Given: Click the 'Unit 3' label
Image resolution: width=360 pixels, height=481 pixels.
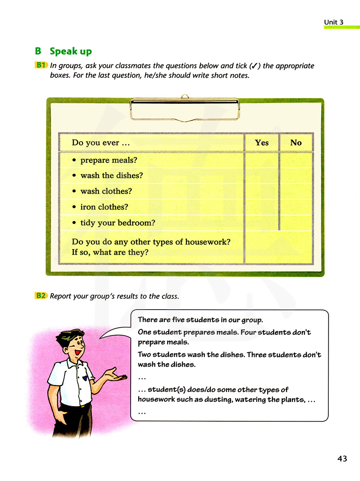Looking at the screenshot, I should pos(333,22).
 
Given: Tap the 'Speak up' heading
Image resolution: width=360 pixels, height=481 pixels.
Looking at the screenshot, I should pos(71,51).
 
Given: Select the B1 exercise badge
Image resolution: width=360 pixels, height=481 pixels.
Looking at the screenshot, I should pos(41,65).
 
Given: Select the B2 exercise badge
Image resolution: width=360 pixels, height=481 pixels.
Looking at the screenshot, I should pos(41,296).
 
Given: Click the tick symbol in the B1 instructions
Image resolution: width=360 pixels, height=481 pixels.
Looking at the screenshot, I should pos(254,66).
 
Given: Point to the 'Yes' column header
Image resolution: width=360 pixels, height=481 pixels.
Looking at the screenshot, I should pos(262,143).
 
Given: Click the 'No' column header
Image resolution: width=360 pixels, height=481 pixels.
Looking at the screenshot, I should pos(296,143).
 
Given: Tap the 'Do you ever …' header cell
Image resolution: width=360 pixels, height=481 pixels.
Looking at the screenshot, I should pos(101,143).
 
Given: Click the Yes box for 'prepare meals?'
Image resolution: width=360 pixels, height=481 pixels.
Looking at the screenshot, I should pos(262,160).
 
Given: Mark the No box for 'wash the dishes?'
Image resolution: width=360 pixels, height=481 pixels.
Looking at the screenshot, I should pos(296,176).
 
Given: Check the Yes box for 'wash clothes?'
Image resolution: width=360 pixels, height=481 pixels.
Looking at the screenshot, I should pos(262,191).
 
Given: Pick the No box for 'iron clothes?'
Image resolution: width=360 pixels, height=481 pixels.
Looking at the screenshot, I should pos(296,207).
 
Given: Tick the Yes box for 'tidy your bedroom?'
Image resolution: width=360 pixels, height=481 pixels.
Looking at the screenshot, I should pos(262,223).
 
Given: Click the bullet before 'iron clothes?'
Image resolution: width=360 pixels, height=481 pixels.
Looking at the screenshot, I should pos(74,207).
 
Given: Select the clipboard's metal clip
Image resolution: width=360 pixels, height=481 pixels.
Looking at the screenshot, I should pos(185,108).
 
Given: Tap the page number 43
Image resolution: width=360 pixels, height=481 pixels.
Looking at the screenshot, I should pos(342,459).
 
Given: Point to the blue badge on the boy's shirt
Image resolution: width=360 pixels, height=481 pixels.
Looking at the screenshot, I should pos(85,378).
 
